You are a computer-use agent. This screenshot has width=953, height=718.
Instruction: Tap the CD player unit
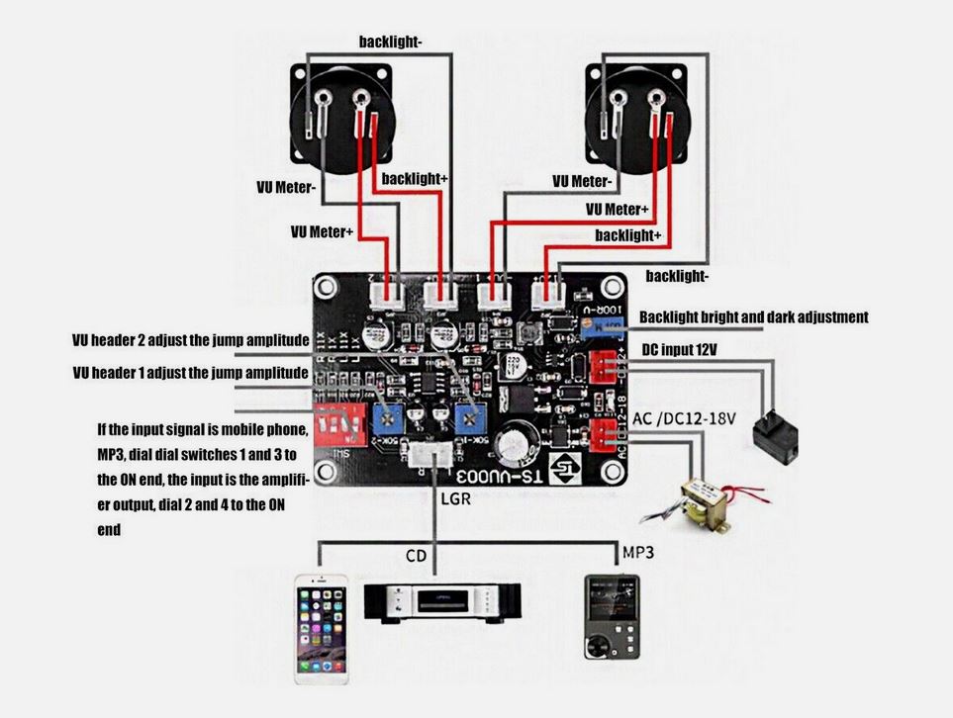tap(441, 600)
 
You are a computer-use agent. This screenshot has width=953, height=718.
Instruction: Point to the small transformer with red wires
tap(696, 501)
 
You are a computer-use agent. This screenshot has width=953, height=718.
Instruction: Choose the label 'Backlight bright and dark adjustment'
tap(753, 317)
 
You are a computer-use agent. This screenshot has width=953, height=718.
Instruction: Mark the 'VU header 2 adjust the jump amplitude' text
tap(191, 340)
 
